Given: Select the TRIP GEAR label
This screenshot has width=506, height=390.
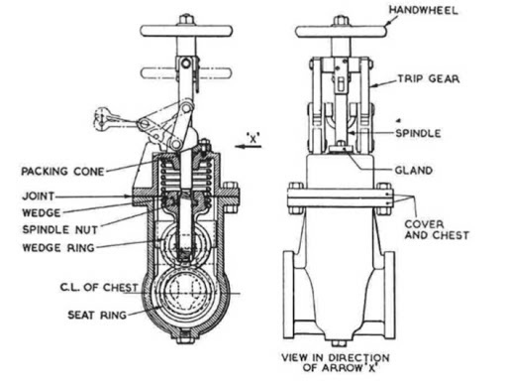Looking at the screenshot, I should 429,77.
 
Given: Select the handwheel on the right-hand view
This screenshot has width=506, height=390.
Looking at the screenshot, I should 342,31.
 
